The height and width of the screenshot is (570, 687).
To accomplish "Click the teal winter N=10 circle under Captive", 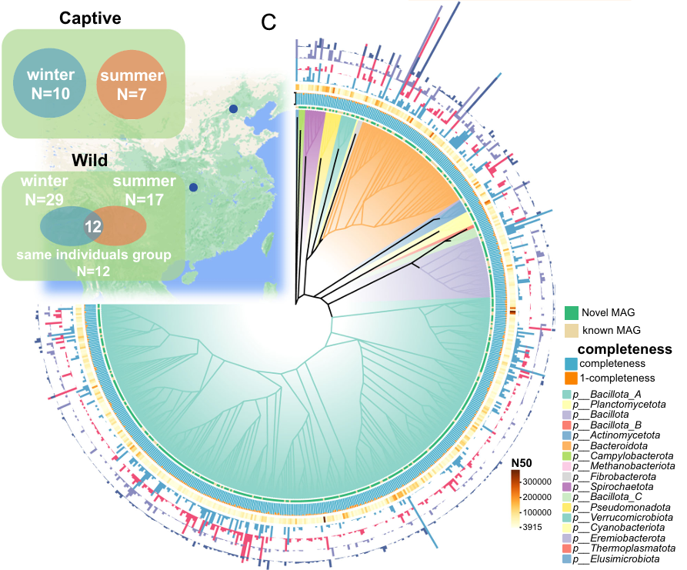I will click(49, 85).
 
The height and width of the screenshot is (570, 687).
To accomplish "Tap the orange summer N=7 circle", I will click(130, 85).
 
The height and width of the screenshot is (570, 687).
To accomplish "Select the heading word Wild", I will click(91, 161).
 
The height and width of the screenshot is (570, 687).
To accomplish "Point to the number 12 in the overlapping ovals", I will click(93, 228).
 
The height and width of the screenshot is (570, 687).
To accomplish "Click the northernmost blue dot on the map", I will click(232, 109).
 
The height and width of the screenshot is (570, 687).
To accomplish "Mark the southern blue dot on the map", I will click(194, 187).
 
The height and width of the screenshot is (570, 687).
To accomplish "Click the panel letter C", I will click(268, 22).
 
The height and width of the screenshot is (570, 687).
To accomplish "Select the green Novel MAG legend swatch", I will click(572, 312).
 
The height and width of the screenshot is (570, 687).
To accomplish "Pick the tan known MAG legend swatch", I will click(572, 330).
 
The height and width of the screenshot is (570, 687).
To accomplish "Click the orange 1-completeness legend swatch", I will click(572, 378).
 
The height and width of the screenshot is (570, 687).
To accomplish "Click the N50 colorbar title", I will click(522, 463).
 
